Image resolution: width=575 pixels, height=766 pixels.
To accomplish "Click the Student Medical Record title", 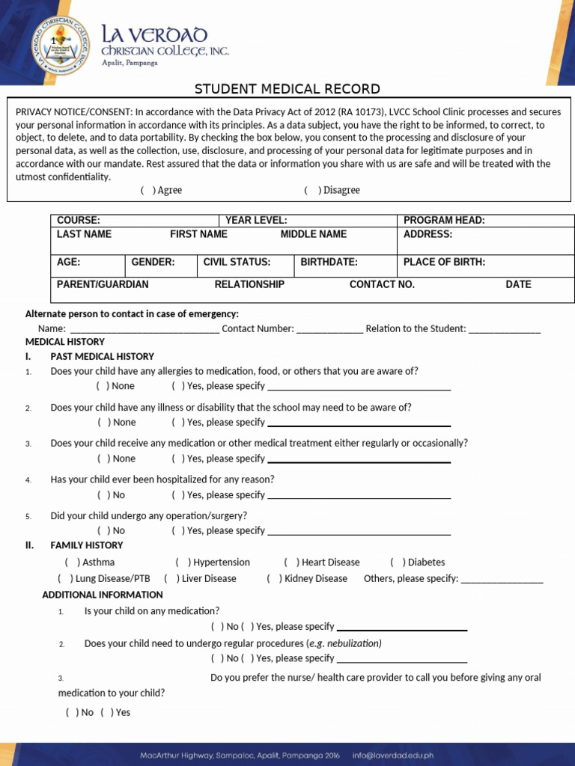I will (x=287, y=89).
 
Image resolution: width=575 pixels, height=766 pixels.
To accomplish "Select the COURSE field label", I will (x=79, y=220).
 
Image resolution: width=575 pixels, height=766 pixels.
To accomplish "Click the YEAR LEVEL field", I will (x=256, y=220).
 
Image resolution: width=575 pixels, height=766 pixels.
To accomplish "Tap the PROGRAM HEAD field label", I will (x=444, y=220).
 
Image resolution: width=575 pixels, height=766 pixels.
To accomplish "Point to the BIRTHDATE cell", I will (x=329, y=263).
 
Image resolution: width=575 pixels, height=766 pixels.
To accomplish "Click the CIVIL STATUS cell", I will (x=237, y=263).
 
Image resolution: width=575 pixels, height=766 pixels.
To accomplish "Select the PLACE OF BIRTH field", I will (x=444, y=263).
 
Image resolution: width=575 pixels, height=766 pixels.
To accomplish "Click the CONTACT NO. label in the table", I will (x=382, y=284).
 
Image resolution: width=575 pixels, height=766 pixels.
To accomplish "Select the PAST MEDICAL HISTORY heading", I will (x=102, y=357).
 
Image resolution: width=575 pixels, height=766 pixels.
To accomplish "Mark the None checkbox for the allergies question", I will (x=103, y=386).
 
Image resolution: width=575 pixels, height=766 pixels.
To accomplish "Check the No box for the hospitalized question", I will (x=103, y=495).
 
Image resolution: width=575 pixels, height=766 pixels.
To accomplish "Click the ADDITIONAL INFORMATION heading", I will (x=102, y=595).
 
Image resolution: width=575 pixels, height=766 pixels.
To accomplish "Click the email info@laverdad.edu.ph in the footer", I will (x=392, y=756).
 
